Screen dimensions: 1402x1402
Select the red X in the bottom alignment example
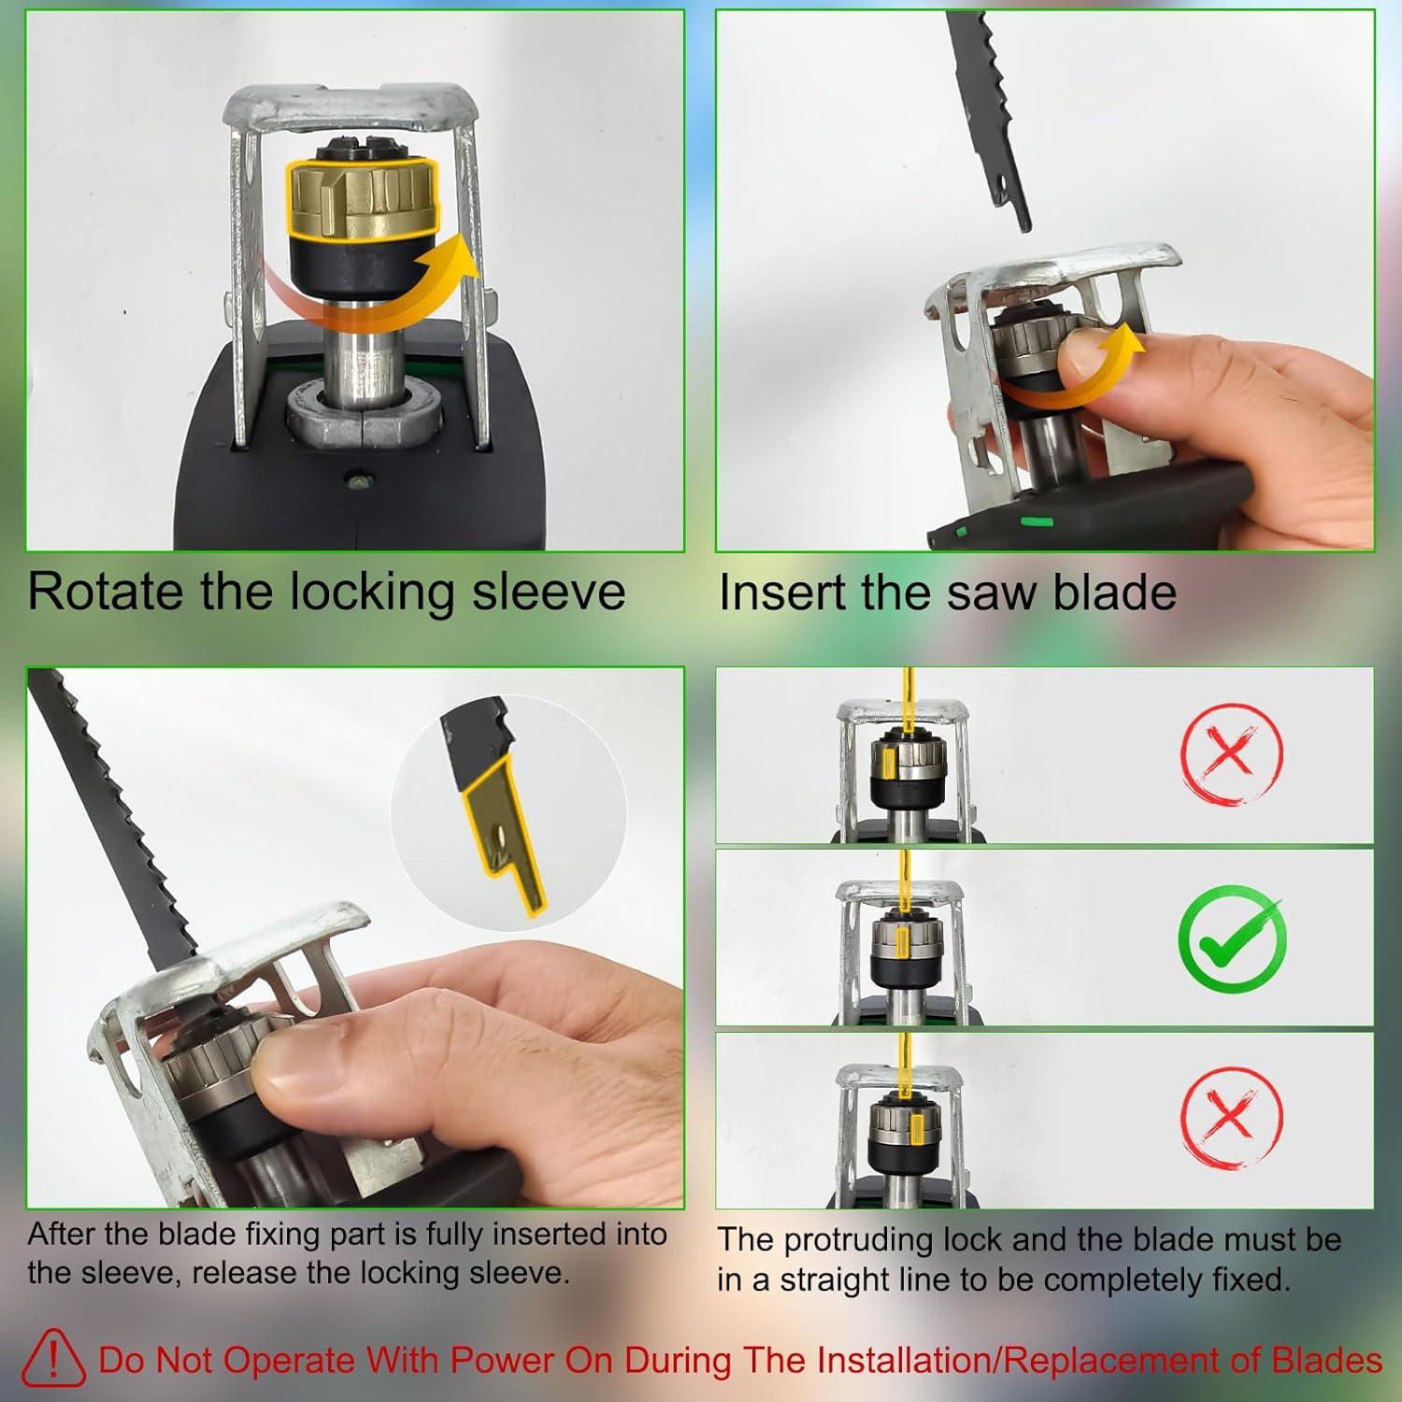(x=1231, y=1116)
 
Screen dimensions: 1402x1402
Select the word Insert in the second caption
(x=781, y=593)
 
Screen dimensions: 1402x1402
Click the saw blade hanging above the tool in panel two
(x=987, y=112)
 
